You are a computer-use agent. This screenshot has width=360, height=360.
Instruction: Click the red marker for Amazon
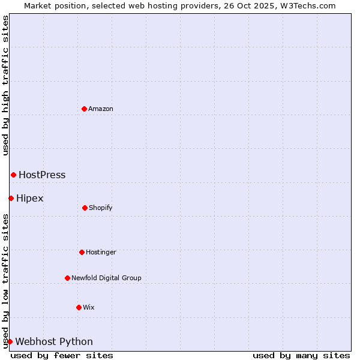point(84,109)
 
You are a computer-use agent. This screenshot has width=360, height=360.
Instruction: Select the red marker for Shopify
point(85,208)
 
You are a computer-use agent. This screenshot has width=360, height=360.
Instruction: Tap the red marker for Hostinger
point(82,252)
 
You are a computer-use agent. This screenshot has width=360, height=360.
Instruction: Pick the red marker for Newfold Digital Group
point(67,278)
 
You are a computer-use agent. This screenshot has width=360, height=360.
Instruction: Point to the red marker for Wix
point(79,307)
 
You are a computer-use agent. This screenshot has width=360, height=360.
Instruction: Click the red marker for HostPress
point(13,175)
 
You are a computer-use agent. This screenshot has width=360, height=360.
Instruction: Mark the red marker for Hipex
point(11,198)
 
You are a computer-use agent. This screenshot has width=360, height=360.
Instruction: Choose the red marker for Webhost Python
point(10,341)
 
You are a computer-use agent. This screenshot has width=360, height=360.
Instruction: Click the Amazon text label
point(101,109)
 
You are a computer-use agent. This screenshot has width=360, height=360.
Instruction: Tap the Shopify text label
point(101,208)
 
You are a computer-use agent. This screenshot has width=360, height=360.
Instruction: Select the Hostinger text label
point(101,252)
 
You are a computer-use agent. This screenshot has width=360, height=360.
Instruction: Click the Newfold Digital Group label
point(106,278)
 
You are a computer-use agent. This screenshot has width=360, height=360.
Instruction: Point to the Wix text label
point(89,307)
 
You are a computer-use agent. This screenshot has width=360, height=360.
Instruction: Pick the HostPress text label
point(42,175)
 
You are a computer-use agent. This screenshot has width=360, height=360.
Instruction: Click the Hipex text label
point(30,198)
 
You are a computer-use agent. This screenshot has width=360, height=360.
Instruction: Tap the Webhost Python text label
point(54,342)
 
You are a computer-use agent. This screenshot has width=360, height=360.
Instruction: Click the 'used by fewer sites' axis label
point(62,355)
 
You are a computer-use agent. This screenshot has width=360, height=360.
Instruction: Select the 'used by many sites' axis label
point(301,355)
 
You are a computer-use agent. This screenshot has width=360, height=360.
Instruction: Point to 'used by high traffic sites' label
point(5,85)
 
